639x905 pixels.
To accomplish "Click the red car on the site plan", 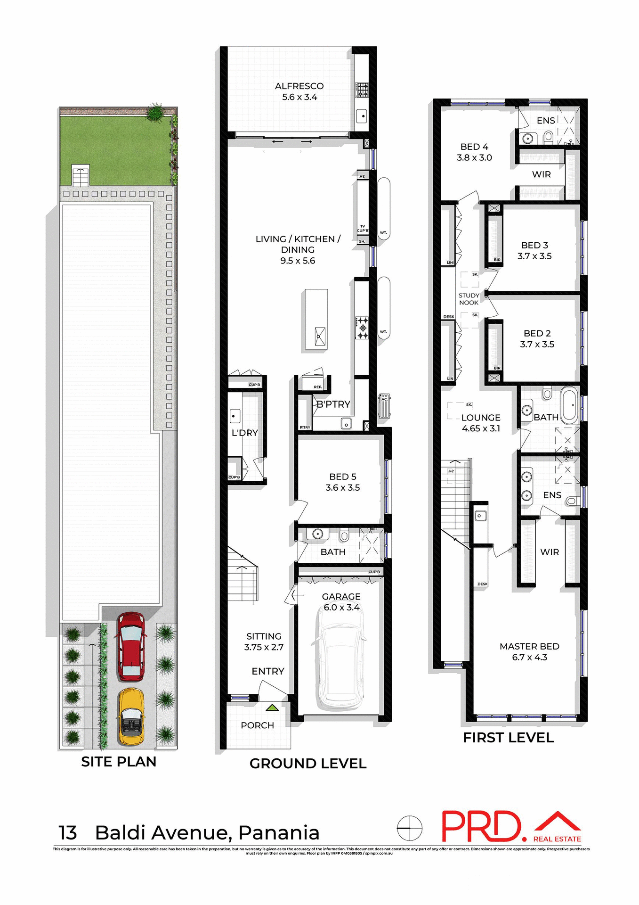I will tap(130, 646).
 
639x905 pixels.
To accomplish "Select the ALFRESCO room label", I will tap(299, 86).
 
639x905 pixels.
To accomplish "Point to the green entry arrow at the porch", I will tap(272, 708).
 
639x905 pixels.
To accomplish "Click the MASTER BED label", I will tap(529, 646).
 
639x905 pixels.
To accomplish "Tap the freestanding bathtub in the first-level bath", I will tap(570, 404).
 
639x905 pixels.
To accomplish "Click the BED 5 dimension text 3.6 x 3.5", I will tap(342, 488).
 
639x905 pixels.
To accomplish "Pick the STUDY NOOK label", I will tap(469, 299).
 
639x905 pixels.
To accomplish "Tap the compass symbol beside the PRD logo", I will tap(409, 828).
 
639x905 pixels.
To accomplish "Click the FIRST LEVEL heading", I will tap(508, 738).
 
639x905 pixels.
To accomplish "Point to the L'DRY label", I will tap(244, 433).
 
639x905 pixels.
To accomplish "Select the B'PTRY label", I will tap(333, 404).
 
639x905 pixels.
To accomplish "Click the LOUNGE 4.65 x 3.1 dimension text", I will tap(481, 428).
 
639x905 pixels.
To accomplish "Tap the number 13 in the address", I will tap(67, 833).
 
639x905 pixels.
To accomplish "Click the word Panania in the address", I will tap(279, 833).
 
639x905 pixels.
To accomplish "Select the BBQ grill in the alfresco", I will tap(362, 90).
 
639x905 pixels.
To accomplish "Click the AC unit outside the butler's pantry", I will tap(384, 405).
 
